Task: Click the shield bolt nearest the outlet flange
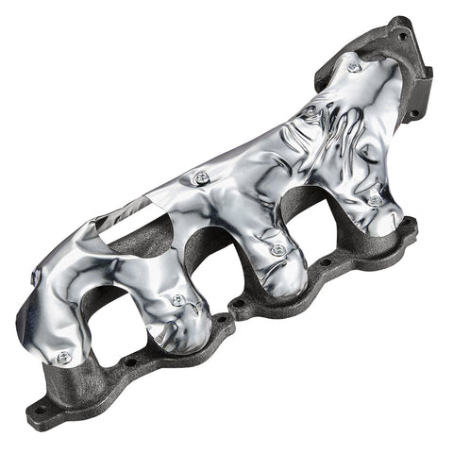pyautogui.click(x=354, y=67)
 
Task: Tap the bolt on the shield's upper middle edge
pyautogui.click(x=200, y=176)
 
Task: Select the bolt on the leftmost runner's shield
pyautogui.click(x=63, y=357)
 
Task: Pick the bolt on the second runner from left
pyautogui.click(x=178, y=299)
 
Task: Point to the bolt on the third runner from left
pyautogui.click(x=277, y=250)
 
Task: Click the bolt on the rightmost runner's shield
pyautogui.click(x=375, y=200)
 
